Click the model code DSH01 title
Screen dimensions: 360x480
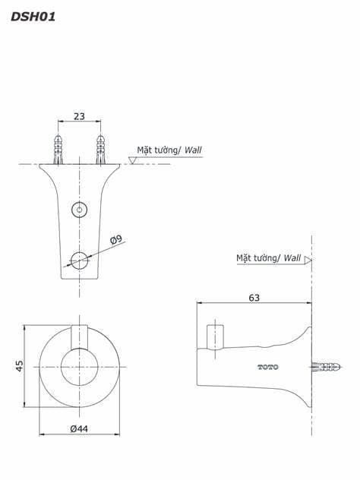(x=33, y=17)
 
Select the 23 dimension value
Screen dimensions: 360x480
(x=79, y=116)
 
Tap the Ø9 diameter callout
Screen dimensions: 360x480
(x=116, y=239)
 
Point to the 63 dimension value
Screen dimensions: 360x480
(x=254, y=298)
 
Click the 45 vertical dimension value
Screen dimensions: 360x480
(x=19, y=366)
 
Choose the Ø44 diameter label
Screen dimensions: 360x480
(x=79, y=428)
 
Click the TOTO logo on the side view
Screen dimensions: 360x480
(x=268, y=367)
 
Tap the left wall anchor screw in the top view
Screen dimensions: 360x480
(x=58, y=150)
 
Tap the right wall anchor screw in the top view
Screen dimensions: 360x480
(x=101, y=150)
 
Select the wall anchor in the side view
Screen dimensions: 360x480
(x=326, y=367)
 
